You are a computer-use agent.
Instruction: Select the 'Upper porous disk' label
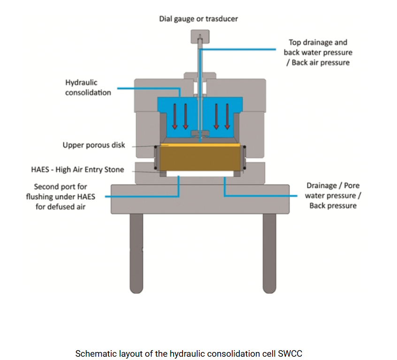(94, 145)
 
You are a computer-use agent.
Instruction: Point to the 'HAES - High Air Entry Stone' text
(77, 169)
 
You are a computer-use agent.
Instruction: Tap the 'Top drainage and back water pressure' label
(318, 52)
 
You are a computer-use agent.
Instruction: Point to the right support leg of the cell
(269, 253)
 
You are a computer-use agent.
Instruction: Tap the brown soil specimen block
(202, 159)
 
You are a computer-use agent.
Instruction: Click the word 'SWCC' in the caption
(297, 353)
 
